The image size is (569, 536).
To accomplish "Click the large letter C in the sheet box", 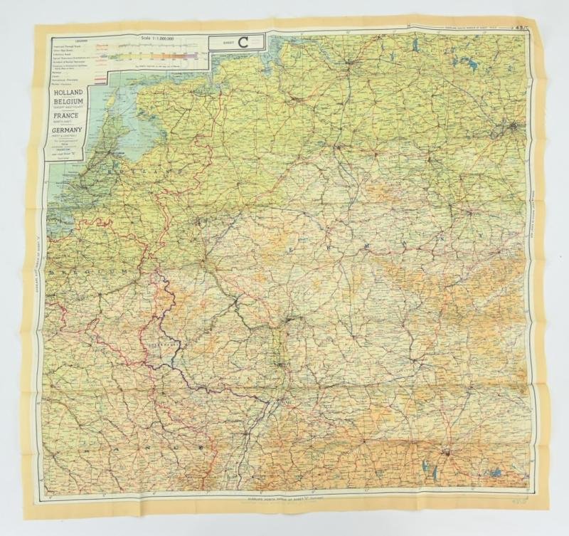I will (242, 42).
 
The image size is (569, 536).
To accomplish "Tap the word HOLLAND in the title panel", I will (64, 93).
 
